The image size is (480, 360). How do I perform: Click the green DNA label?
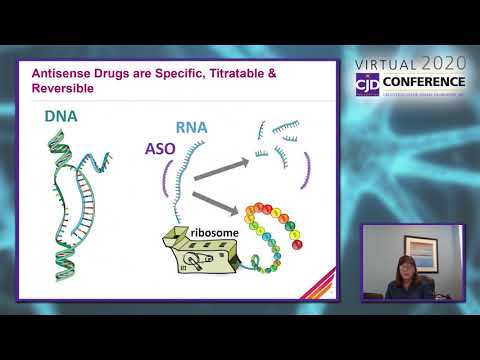tap(61, 118)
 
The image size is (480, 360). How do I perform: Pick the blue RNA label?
tap(191, 127)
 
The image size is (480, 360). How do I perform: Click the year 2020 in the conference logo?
tap(444, 62)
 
